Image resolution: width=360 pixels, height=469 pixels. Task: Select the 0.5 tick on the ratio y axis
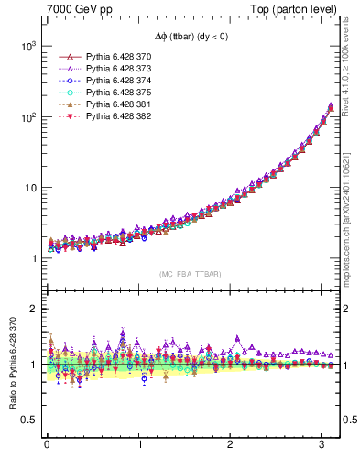(x=26, y=420)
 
